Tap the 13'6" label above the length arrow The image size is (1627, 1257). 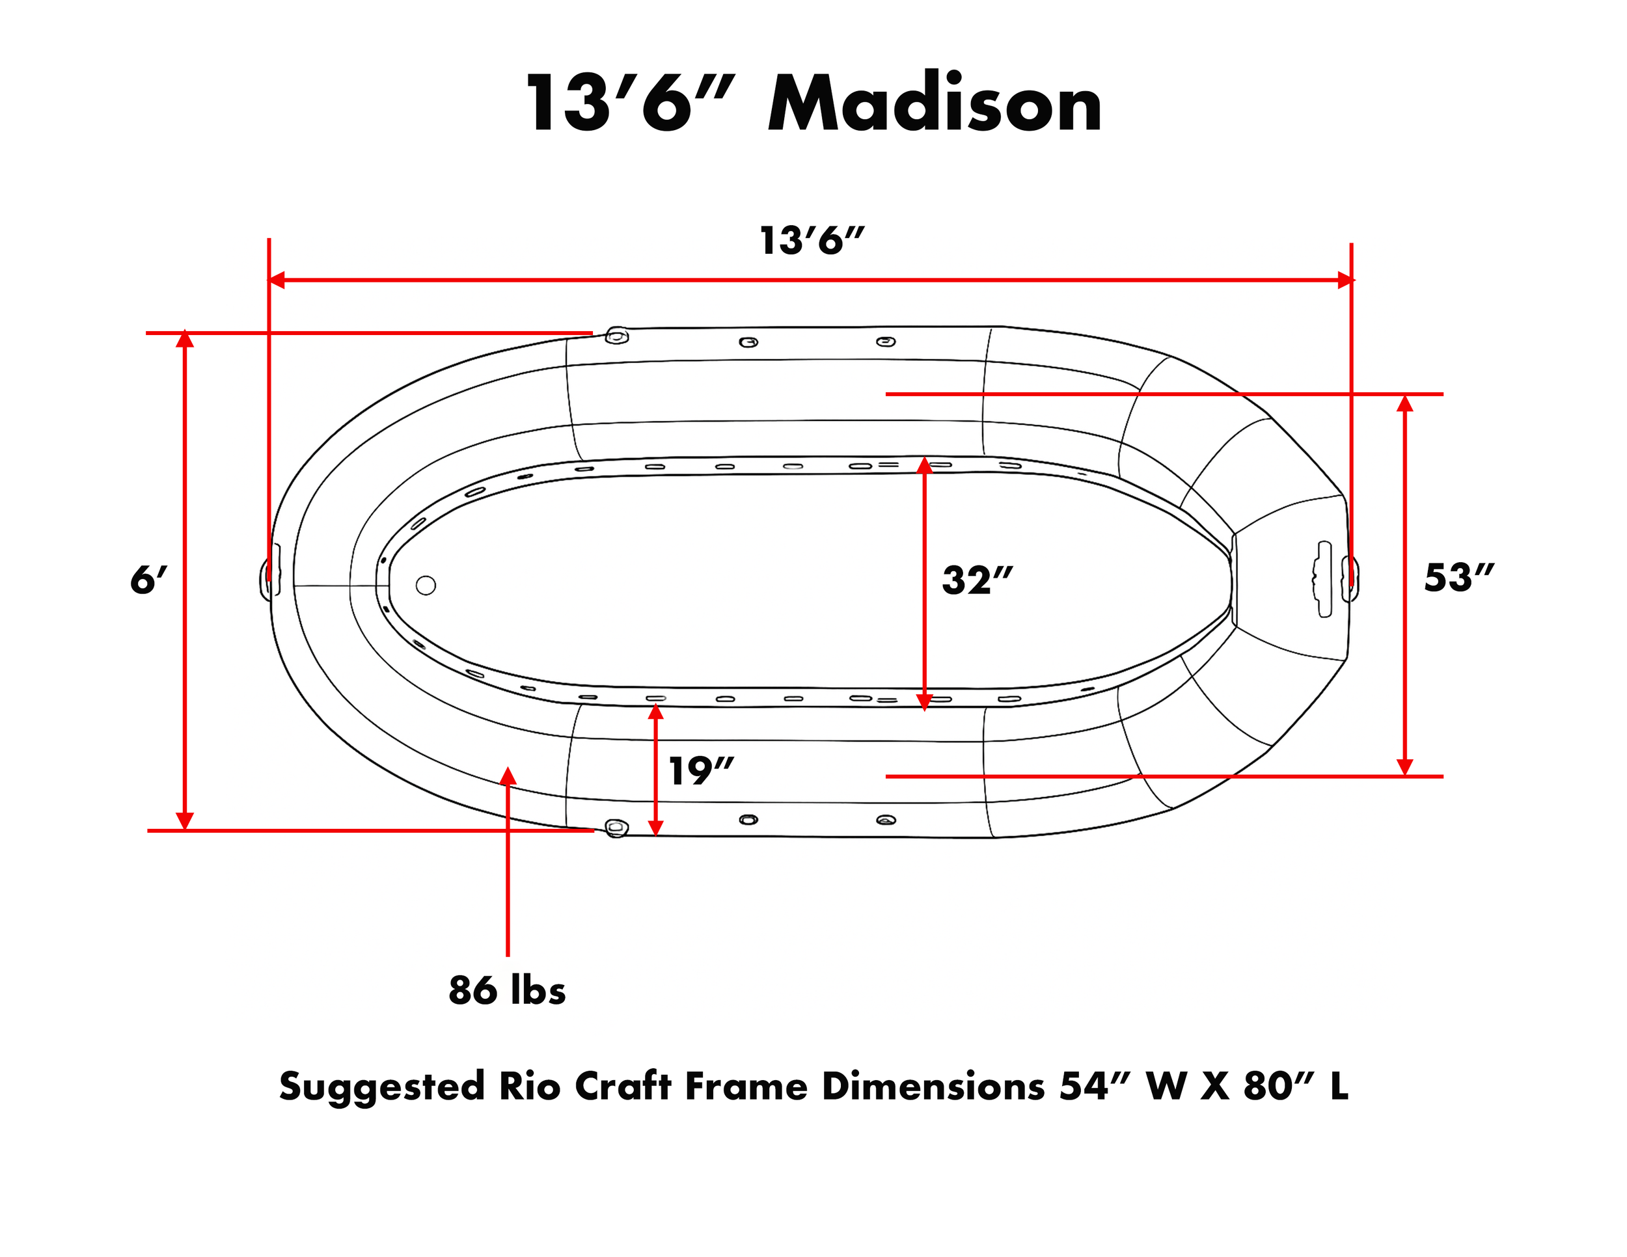812,241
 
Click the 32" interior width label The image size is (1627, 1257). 977,580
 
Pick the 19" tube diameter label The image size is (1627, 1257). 700,771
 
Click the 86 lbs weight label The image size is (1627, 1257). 506,990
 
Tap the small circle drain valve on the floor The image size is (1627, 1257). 426,586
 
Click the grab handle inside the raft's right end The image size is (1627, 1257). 1323,578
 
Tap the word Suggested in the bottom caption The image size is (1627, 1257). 381,1087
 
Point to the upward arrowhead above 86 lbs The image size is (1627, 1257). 508,776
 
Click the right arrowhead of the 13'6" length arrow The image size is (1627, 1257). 1345,280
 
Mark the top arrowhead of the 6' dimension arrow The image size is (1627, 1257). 185,340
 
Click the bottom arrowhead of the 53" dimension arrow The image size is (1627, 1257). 1404,767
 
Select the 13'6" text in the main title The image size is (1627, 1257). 629,104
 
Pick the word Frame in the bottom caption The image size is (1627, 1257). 746,1087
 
